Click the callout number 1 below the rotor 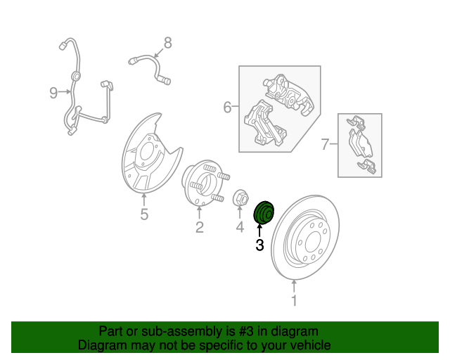point(294,301)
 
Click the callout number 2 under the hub point(200,226)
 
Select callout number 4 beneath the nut point(239,226)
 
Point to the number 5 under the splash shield point(144,214)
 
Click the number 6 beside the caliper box point(227,108)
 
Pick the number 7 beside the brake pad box point(325,145)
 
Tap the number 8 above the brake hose point(167,43)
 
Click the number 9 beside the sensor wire point(53,92)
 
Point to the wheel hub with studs point(201,184)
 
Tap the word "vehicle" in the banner point(309,345)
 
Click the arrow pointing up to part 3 point(259,229)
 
